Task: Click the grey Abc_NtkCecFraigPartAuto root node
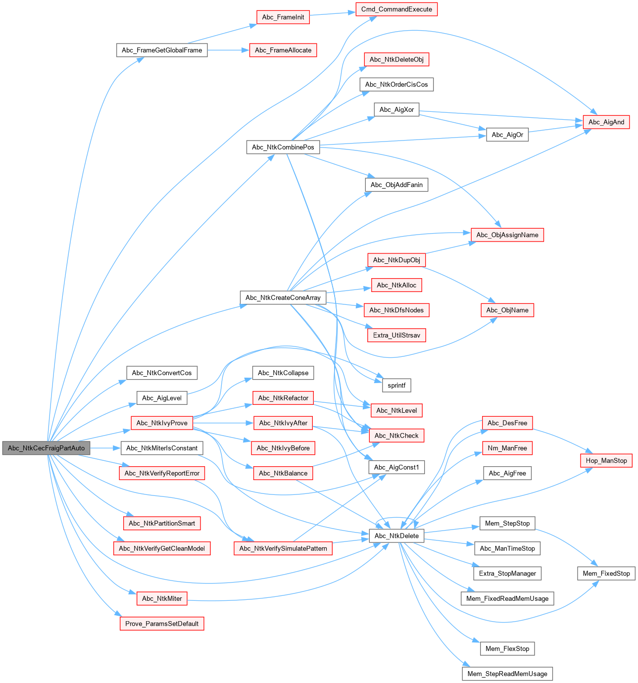[x=47, y=448]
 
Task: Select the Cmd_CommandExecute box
[x=396, y=9]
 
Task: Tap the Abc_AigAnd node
[x=606, y=122]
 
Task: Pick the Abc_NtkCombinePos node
[x=283, y=147]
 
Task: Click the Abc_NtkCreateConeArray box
[x=283, y=297]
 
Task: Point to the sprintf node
[x=396, y=385]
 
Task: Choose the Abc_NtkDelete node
[x=396, y=536]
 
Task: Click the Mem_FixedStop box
[x=606, y=574]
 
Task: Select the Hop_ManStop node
[x=606, y=461]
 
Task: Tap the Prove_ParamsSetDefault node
[x=162, y=624]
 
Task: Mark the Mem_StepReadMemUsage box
[x=507, y=674]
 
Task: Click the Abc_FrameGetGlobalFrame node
[x=162, y=50]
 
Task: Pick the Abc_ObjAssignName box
[x=507, y=235]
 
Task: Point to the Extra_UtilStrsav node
[x=396, y=335]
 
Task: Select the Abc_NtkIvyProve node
[x=162, y=423]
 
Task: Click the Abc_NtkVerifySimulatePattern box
[x=283, y=548]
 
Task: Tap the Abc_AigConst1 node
[x=396, y=467]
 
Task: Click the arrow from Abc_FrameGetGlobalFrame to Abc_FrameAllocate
[x=228, y=50]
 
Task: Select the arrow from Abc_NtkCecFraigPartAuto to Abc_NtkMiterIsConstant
[x=106, y=448]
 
